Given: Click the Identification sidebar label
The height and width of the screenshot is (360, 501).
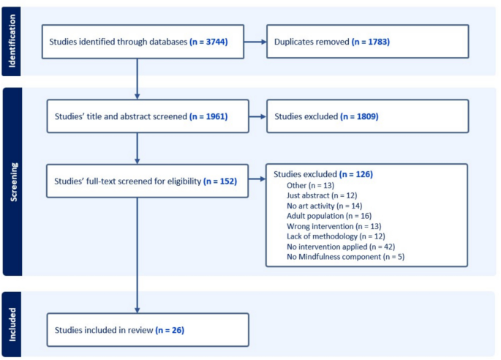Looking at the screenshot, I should pyautogui.click(x=12, y=41).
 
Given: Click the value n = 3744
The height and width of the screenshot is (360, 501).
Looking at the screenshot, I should pyautogui.click(x=208, y=42).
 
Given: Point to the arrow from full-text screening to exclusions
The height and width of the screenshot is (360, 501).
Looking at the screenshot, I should pyautogui.click(x=256, y=180).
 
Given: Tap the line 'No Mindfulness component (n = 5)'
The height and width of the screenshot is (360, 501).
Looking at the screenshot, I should pyautogui.click(x=335, y=257).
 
